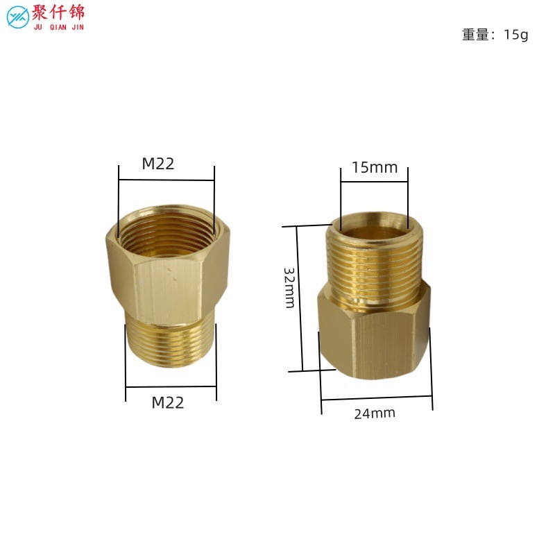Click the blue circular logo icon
click(x=18, y=17)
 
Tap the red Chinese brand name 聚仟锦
click(x=58, y=12)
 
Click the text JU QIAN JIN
click(x=59, y=27)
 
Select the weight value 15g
click(x=515, y=35)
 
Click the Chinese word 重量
click(x=475, y=35)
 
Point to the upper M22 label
click(x=158, y=164)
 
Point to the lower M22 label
click(x=168, y=402)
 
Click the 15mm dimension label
click(x=375, y=167)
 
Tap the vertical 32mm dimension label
click(x=289, y=288)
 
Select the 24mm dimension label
click(x=375, y=413)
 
